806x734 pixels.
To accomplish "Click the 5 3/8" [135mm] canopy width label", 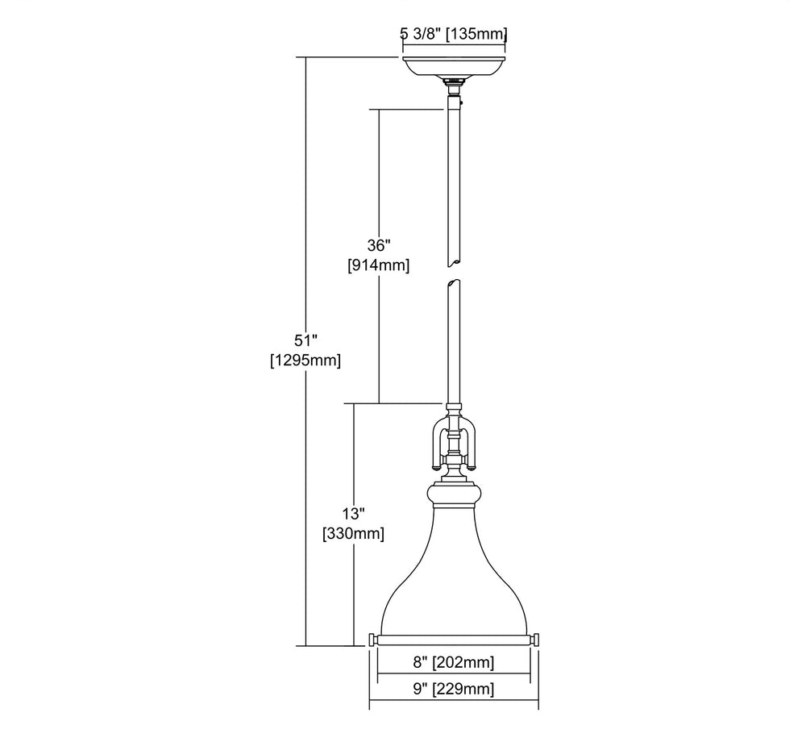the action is [x=453, y=35].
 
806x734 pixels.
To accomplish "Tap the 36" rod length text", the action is [x=379, y=245].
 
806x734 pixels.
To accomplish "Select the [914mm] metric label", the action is [x=379, y=265].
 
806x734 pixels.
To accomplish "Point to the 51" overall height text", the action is [x=305, y=340].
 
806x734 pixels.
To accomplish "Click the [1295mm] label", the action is [x=305, y=360].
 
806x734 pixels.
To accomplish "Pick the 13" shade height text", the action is [x=353, y=513].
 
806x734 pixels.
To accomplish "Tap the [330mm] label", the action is [x=353, y=533].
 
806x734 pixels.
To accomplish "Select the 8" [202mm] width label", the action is [x=453, y=662].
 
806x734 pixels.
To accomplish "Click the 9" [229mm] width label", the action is [x=453, y=688].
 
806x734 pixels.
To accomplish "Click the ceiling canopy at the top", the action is [x=453, y=66].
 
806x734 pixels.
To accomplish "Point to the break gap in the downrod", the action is [x=453, y=273].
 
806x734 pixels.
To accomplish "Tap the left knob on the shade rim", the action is [x=372, y=640].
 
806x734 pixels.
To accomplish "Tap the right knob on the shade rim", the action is [x=534, y=640].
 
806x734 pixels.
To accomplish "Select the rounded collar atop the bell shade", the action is [x=453, y=494].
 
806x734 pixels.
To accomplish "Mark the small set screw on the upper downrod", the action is [x=463, y=103].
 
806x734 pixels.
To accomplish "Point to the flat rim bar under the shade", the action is [x=453, y=640].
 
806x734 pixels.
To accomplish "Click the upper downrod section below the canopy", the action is [x=453, y=180].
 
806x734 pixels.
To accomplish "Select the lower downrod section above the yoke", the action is [x=453, y=342].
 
